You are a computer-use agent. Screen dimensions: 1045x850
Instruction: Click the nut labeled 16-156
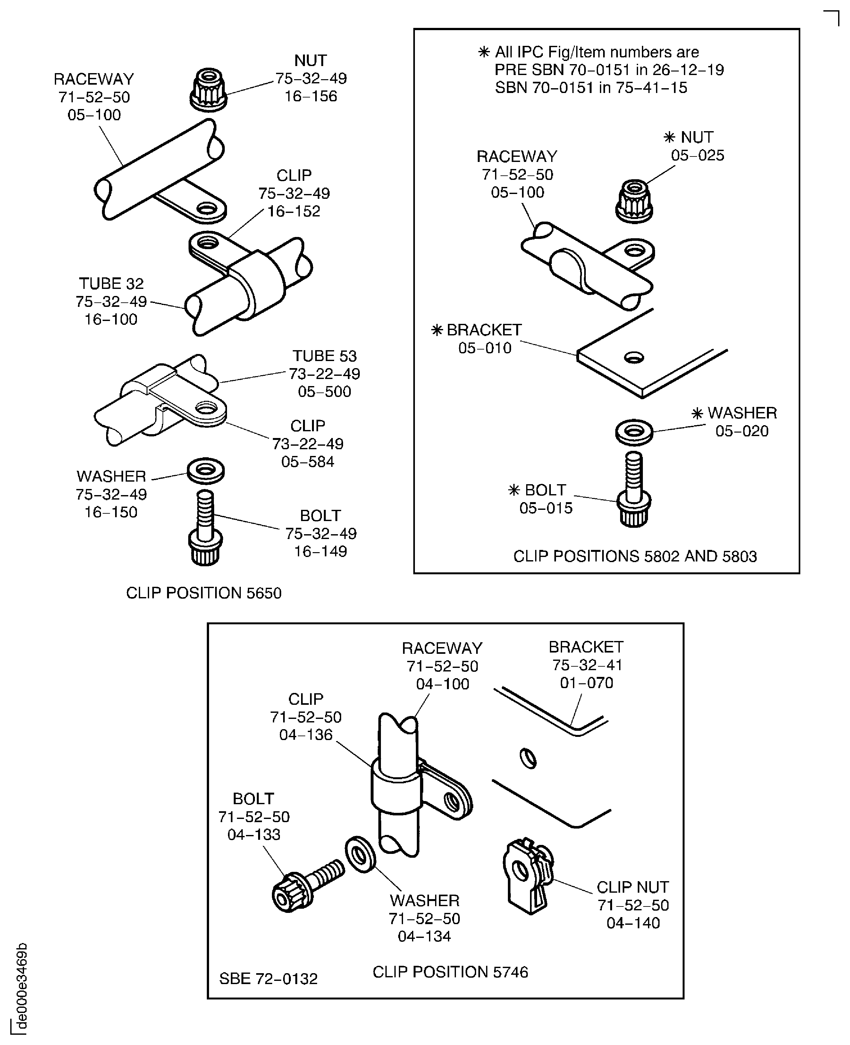click(208, 89)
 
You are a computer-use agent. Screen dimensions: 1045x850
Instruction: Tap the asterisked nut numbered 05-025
click(634, 201)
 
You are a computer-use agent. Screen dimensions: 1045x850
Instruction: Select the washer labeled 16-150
click(206, 471)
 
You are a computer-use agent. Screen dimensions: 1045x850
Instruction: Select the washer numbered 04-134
click(360, 855)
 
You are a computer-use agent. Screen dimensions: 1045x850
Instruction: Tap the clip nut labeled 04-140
click(528, 875)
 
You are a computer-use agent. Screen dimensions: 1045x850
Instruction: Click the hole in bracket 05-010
click(634, 358)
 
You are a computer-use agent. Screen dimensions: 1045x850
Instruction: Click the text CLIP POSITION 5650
click(204, 593)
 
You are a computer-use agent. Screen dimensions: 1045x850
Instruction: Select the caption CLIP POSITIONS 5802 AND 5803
click(635, 556)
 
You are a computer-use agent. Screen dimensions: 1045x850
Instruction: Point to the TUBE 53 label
click(324, 356)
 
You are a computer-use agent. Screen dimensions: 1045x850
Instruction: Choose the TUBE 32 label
click(111, 283)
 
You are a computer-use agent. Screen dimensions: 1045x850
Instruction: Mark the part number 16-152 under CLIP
click(294, 211)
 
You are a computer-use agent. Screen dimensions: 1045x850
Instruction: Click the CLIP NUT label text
click(633, 887)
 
